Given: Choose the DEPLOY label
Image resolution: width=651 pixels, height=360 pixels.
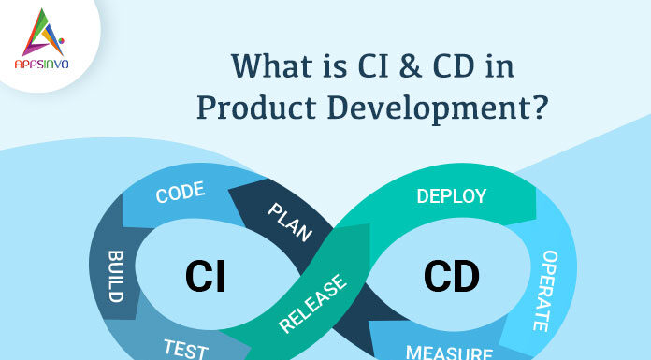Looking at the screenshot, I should tap(451, 195).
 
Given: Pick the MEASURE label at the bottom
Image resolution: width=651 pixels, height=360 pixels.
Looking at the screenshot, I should tap(450, 353).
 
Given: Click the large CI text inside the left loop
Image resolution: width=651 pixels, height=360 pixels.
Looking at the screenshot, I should tap(205, 277).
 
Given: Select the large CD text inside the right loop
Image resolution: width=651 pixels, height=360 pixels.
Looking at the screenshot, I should tap(451, 277).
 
